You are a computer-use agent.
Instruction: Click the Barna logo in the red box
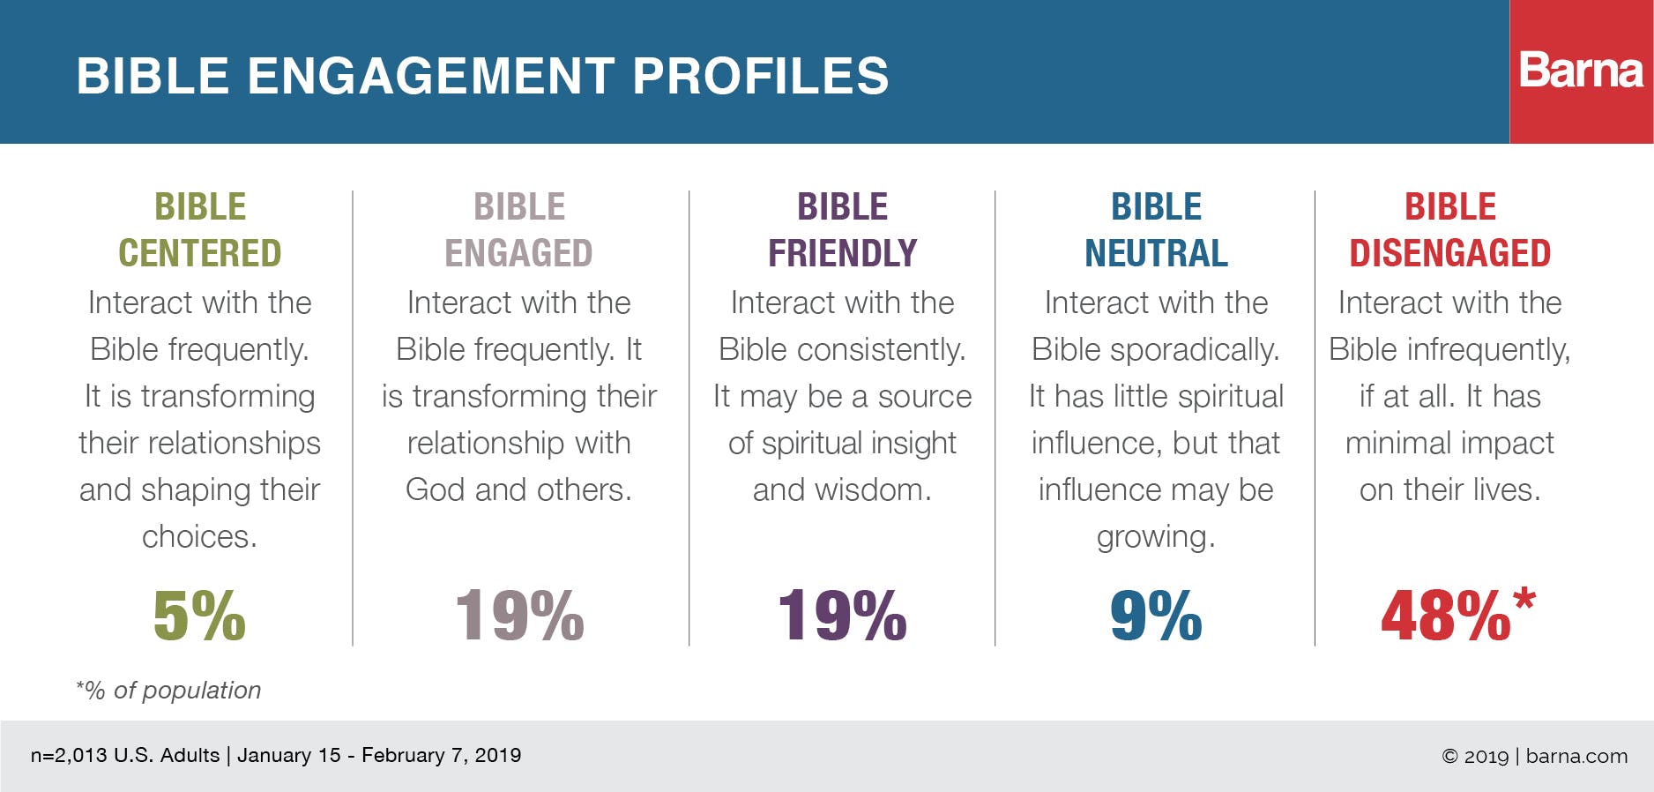coord(1581,71)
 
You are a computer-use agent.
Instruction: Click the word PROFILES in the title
coord(761,76)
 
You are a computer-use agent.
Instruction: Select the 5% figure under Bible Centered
coord(199,616)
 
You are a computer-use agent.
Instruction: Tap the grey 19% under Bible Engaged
coord(519,616)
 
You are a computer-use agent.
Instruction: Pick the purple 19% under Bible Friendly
coord(842,616)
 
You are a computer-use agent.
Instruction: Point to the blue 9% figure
coord(1156,616)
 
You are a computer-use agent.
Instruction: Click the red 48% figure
coord(1446,616)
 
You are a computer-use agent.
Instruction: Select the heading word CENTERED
coord(200,254)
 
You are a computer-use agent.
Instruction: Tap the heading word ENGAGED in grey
coord(518,254)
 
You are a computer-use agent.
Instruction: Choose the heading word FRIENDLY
coord(842,254)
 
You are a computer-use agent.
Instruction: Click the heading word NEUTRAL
coord(1156,254)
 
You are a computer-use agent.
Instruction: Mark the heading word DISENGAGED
coord(1449,254)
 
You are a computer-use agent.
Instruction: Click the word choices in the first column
coord(199,537)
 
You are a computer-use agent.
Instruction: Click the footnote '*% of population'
coord(168,691)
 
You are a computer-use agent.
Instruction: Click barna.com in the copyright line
coord(1576,757)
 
